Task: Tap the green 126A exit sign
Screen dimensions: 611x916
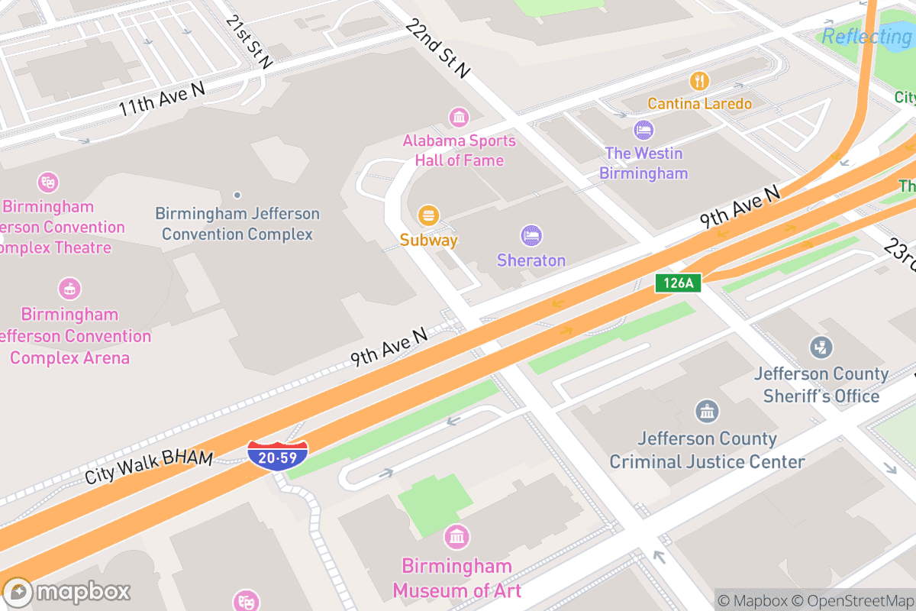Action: (678, 283)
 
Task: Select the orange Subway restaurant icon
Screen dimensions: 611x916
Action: (429, 215)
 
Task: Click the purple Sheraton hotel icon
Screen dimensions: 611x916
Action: (531, 235)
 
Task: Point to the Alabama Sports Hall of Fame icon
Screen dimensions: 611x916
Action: (460, 117)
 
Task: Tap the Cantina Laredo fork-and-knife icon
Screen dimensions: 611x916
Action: (699, 80)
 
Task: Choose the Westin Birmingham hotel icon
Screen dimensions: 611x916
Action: (643, 129)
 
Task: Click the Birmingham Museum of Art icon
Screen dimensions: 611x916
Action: (456, 537)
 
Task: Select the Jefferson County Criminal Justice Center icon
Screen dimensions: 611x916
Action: (707, 412)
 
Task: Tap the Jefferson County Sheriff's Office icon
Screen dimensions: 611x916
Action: (821, 348)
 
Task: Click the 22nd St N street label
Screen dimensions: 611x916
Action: (437, 49)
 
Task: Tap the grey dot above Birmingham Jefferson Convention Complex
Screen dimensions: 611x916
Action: (237, 196)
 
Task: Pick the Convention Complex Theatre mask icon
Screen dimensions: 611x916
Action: (48, 183)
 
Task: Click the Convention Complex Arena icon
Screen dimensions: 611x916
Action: (69, 289)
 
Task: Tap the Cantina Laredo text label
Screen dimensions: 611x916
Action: (699, 104)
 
